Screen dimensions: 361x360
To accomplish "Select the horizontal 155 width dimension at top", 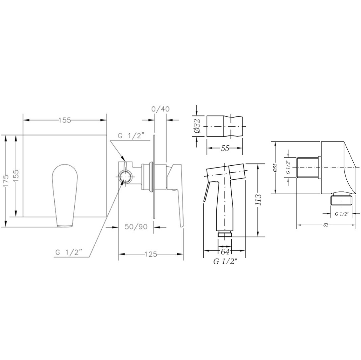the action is click(65, 120).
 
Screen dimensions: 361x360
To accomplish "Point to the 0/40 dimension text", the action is click(160, 109).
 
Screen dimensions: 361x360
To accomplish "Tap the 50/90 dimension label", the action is click(136, 226).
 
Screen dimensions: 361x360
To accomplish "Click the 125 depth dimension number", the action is click(151, 254).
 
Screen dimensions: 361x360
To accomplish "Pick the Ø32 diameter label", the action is click(198, 126).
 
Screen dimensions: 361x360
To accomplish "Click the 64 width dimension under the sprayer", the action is click(225, 252).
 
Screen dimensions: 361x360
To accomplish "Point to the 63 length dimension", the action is click(325, 225).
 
